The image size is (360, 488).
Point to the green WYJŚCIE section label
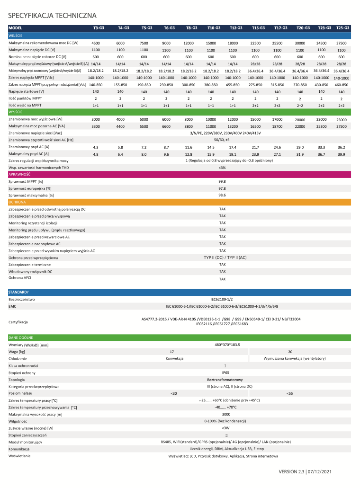coord(16,112)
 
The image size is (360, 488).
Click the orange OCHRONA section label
coord(18,202)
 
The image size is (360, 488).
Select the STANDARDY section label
coord(19,292)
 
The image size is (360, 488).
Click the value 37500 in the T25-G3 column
coord(341,43)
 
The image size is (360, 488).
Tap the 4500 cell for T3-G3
coord(95,43)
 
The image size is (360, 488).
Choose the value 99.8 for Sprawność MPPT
coord(222,181)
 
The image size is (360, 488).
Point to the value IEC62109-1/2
coord(222,299)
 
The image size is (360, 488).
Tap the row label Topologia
coord(17,380)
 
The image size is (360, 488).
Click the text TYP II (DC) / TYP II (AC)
coord(225,257)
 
